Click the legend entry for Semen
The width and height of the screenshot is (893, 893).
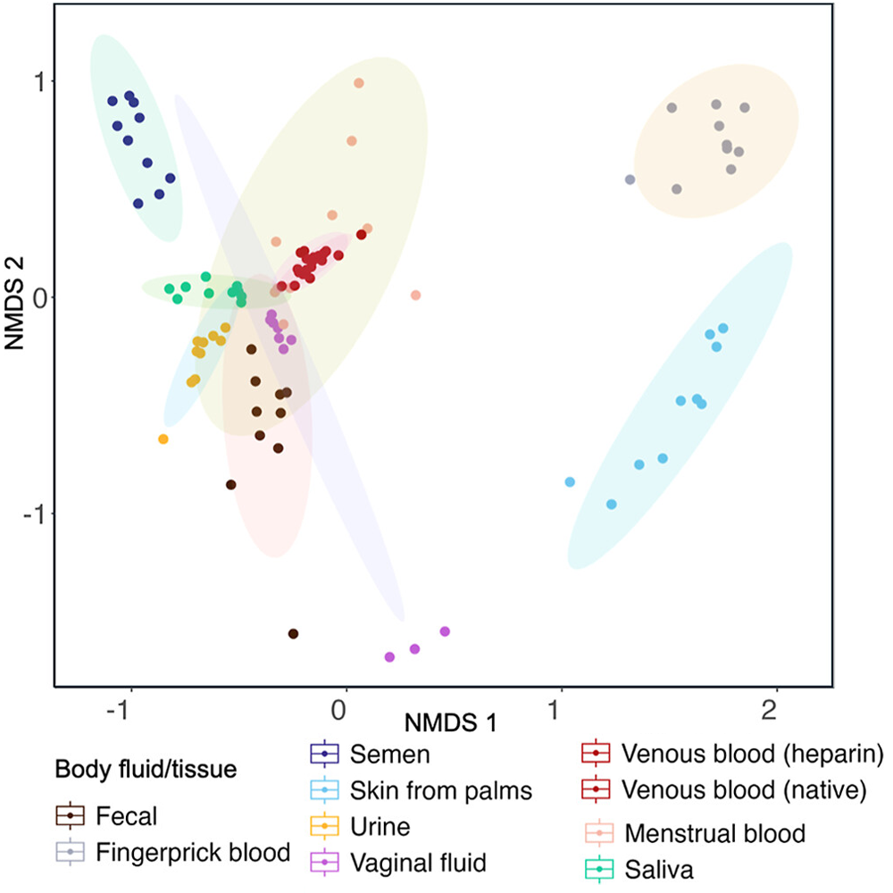click(x=390, y=755)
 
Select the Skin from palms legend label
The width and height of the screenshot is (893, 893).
click(x=441, y=790)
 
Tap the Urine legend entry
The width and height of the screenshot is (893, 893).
click(x=380, y=826)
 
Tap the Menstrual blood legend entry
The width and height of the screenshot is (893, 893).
click(x=715, y=834)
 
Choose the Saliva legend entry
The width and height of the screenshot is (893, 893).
click(x=660, y=868)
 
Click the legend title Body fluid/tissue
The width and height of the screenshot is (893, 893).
click(x=146, y=769)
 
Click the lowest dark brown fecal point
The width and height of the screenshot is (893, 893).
click(x=293, y=634)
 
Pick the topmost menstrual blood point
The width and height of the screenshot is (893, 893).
click(x=359, y=83)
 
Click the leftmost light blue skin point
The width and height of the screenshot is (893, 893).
click(x=570, y=482)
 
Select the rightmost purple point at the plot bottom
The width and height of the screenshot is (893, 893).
click(x=445, y=631)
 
